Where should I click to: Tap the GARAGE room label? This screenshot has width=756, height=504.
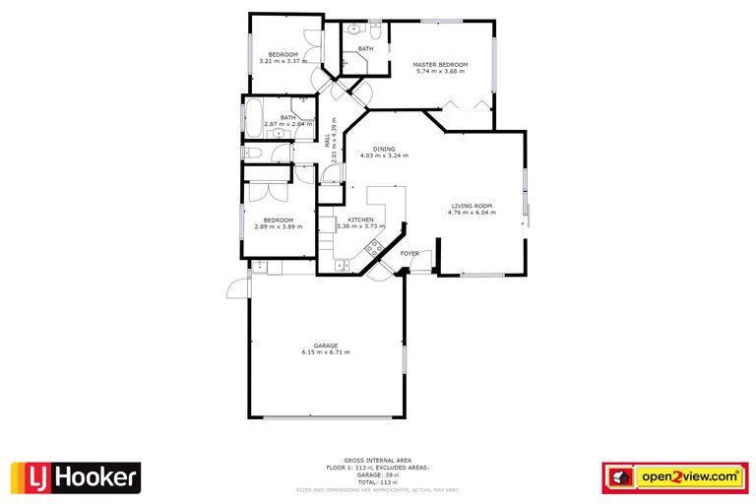coord(326,346)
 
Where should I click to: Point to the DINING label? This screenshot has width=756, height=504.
coord(384,149)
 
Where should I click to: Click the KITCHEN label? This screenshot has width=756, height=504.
coord(360,220)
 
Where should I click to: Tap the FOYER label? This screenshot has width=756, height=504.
coord(409,254)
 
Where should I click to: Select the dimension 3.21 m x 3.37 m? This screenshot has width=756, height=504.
coord(282,61)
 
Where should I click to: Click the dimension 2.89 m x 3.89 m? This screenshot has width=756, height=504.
coord(279,227)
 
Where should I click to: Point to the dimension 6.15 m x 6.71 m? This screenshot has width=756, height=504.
coord(326,352)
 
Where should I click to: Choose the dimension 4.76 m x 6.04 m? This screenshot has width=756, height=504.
coord(472,213)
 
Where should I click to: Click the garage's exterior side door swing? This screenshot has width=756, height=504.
coord(237,286)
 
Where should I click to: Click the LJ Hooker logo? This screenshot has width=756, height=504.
coord(75,478)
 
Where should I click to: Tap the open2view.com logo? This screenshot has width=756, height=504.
coord(674,476)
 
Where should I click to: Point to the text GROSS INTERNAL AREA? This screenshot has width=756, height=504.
coord(377,461)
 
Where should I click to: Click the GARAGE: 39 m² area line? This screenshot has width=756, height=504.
coord(377,473)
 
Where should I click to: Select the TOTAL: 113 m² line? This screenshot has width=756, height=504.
coord(377,481)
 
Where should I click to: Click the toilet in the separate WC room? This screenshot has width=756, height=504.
coord(252,154)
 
